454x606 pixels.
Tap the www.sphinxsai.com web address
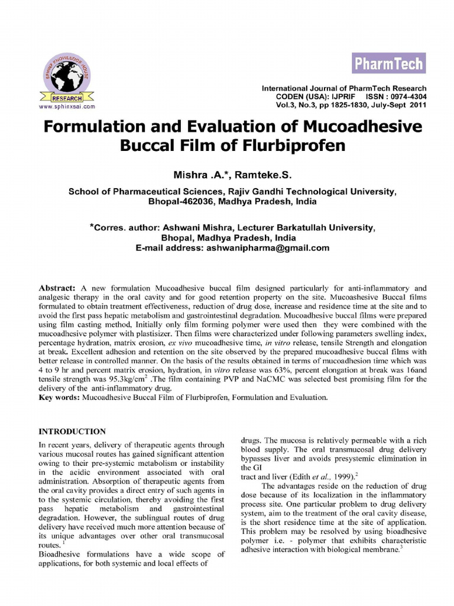pos(67,107)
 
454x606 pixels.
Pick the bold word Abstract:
pos(57,286)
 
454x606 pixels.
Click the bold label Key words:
pos(60,398)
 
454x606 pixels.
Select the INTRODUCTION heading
pos(72,431)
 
